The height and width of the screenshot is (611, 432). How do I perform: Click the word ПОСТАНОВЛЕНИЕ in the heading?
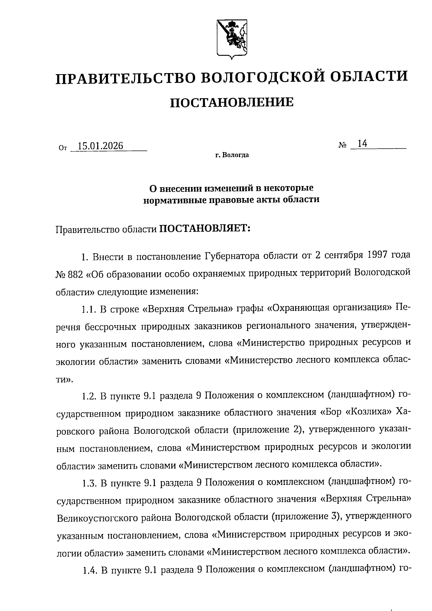coord(231,103)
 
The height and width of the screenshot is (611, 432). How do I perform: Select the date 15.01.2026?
coord(100,146)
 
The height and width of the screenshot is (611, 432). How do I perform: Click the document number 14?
coord(362,144)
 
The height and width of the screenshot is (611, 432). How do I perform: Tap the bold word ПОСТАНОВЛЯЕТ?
coord(204,229)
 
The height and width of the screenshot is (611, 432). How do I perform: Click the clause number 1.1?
coord(88,309)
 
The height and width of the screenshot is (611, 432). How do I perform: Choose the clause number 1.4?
coord(88,570)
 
